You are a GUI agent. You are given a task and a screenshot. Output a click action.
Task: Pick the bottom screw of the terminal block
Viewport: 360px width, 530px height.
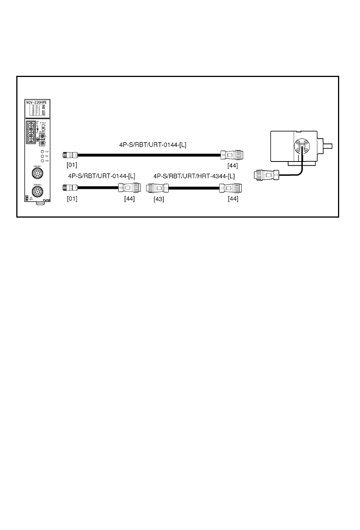31,139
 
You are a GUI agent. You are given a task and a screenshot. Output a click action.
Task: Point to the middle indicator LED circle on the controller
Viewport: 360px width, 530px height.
42,156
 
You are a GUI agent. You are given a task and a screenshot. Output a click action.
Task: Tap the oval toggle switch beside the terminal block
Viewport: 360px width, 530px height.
43,127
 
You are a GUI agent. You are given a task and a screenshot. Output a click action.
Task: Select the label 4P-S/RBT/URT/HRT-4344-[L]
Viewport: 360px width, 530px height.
194,176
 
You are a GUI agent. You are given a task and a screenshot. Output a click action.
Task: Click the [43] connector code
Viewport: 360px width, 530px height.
159,199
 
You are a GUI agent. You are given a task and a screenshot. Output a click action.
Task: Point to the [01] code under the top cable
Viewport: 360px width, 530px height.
72,165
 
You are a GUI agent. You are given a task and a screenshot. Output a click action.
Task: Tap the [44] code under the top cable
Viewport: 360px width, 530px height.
233,165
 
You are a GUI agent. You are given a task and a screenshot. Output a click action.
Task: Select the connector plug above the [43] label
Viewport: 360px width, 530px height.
157,187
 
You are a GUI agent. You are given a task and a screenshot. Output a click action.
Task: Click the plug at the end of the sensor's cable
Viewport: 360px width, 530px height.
266,175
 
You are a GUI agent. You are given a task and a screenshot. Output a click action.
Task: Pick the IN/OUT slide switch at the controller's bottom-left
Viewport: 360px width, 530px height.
26,198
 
